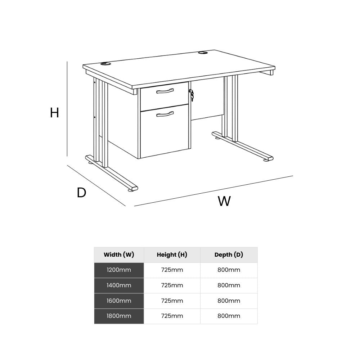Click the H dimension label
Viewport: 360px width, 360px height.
tap(54, 113)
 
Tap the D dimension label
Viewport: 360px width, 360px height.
tap(81, 193)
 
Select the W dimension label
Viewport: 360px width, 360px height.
tap(224, 201)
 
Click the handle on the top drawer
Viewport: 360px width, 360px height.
tap(165, 91)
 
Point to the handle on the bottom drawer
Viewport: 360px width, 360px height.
tap(165, 114)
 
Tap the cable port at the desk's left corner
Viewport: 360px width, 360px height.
tap(106, 64)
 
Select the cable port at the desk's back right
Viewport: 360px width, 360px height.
tap(202, 53)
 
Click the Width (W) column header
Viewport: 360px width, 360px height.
tap(119, 255)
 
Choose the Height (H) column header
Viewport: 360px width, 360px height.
tap(172, 255)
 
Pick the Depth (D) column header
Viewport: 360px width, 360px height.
tap(229, 255)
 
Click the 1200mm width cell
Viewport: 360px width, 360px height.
tap(119, 270)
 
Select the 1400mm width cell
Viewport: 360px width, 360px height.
tap(119, 285)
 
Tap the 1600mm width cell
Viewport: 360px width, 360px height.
tap(119, 301)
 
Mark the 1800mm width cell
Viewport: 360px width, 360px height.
tap(119, 316)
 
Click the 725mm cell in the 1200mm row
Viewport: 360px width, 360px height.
tap(172, 270)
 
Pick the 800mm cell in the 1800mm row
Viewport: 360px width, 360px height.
tap(229, 316)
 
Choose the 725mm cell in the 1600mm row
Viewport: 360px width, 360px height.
tap(172, 301)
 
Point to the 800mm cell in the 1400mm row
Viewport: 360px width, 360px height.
tap(229, 285)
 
